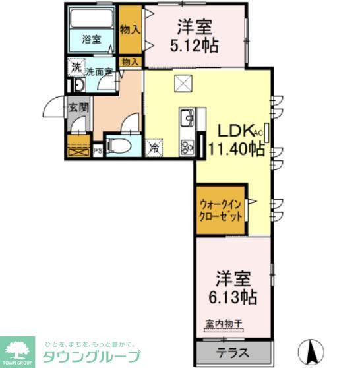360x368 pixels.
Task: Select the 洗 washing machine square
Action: pyautogui.click(x=76, y=67)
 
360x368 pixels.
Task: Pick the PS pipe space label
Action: pyautogui.click(x=97, y=151)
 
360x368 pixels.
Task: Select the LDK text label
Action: pyautogui.click(x=227, y=130)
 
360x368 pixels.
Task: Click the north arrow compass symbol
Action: pyautogui.click(x=312, y=348)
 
